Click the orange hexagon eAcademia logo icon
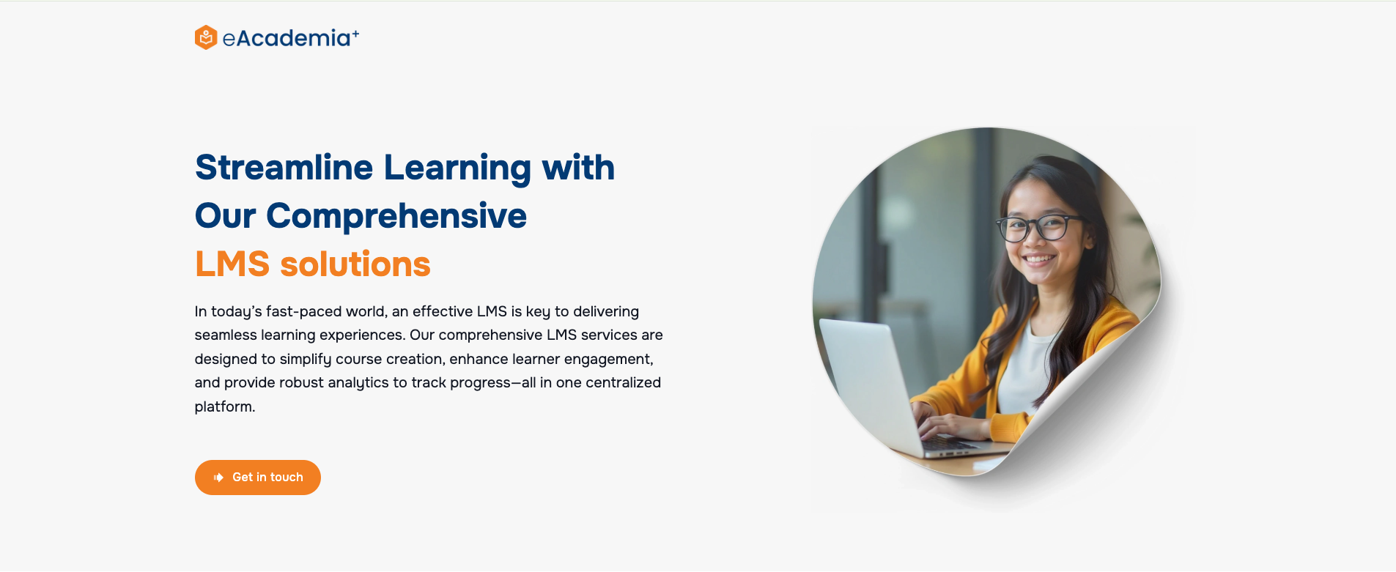tap(206, 37)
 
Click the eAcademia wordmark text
tap(287, 38)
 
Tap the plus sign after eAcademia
tap(355, 34)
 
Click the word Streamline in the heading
tap(284, 168)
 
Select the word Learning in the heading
tap(457, 169)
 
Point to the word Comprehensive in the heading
tap(396, 216)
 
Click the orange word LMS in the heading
tap(232, 264)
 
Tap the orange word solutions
tap(355, 264)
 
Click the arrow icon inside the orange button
tap(218, 478)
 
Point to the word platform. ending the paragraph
tap(225, 406)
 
